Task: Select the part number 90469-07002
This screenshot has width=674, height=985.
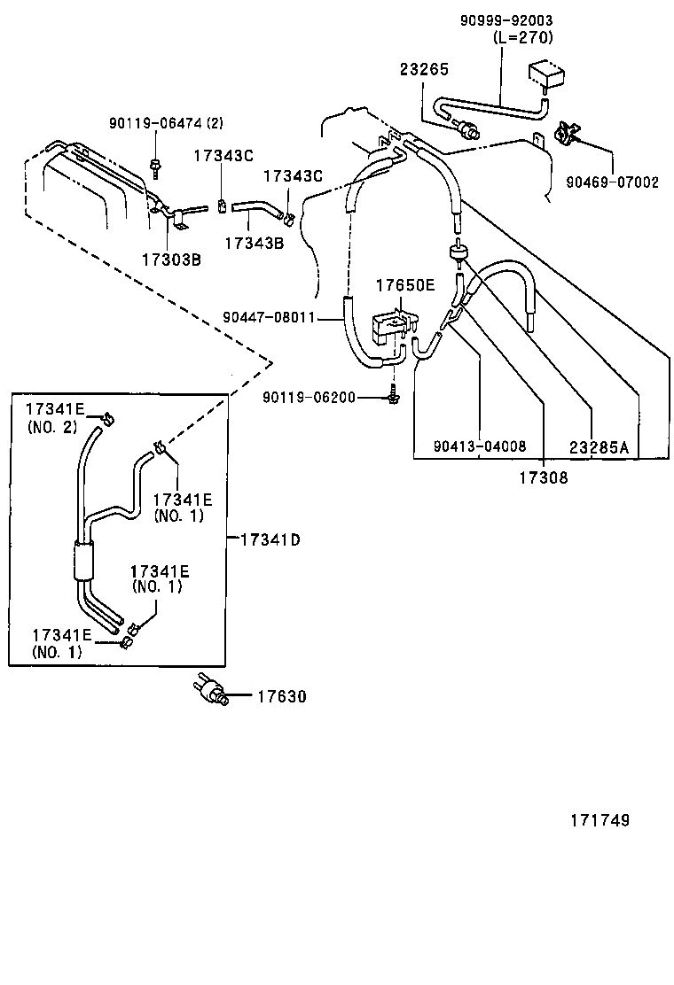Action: [612, 182]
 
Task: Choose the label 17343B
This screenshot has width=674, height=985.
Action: [254, 242]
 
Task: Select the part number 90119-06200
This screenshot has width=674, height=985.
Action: [308, 398]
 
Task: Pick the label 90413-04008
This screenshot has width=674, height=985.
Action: [480, 447]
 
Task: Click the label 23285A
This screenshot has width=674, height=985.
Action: [599, 447]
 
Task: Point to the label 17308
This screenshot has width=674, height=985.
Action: [543, 477]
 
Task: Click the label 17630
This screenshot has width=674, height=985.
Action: [282, 697]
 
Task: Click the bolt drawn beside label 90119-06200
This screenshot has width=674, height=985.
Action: [392, 398]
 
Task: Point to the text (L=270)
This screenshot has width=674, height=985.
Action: [522, 36]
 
